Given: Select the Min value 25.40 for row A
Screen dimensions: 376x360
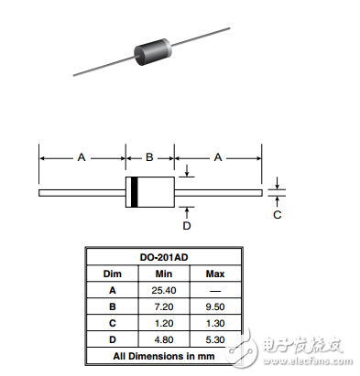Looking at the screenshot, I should pos(164,289).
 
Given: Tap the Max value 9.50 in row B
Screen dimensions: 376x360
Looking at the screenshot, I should pos(215,306).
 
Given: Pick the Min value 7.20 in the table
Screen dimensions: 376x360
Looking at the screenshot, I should pos(164,306).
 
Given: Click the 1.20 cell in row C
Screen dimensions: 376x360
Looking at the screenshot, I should pos(164,322).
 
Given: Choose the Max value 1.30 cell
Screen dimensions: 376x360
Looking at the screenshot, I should pos(215,322).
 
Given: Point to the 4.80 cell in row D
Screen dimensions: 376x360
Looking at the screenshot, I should pos(164,338).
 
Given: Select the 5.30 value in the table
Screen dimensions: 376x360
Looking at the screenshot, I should pos(215,338).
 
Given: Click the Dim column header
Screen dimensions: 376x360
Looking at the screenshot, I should pos(113,274).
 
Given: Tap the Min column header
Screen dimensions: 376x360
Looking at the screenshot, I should pos(164,274).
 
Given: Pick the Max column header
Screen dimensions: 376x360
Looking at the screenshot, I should pos(215,274).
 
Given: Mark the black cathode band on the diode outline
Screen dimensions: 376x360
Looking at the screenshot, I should pos(134,192).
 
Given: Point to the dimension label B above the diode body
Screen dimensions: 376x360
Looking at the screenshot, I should pos(148,156).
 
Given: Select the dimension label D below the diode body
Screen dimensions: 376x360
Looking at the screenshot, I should pos(187,225).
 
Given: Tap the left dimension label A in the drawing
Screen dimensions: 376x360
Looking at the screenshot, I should pos(81,157).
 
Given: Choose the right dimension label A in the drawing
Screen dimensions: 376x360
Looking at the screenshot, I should pos(218,157).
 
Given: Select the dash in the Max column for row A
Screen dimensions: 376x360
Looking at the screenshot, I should pos(215,289).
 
